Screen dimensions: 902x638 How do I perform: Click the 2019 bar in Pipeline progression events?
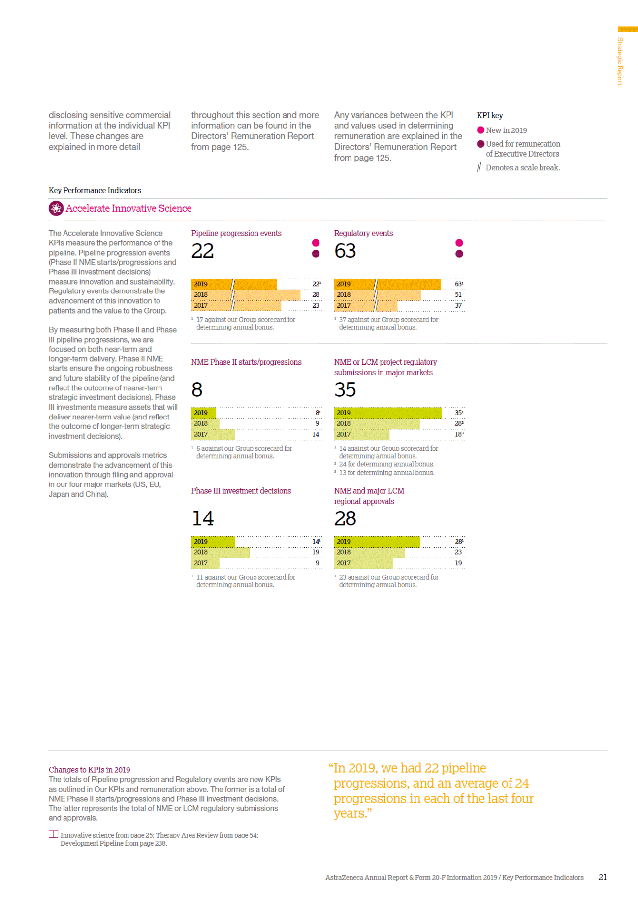pos(234,284)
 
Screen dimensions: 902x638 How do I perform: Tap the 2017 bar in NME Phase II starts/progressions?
pos(213,434)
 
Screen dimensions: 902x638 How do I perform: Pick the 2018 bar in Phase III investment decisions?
pos(221,552)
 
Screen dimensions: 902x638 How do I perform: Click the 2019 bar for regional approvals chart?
pos(377,542)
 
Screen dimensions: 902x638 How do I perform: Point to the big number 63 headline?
pos(345,251)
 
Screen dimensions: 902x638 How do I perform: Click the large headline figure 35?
pos(345,390)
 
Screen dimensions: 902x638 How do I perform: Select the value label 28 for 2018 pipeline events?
pos(316,295)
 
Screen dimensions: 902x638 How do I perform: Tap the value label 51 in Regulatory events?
pos(458,295)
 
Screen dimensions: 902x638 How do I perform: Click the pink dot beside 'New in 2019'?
pos(481,130)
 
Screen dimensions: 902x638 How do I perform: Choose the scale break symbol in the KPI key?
pos(479,168)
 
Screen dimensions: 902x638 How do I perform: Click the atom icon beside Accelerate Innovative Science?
pos(56,209)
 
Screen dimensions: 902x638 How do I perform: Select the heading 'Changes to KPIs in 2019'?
pos(90,770)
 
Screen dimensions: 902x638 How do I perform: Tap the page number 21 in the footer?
pos(603,877)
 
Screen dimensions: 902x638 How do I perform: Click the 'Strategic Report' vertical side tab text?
pos(620,61)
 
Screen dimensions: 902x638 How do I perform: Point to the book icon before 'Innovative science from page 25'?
pos(53,834)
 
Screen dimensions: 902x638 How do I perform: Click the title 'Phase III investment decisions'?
pos(241,491)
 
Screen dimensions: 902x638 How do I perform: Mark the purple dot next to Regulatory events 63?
pos(459,254)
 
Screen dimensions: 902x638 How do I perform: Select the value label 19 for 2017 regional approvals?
pos(458,563)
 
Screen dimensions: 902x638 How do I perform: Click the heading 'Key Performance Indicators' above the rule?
pos(95,191)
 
